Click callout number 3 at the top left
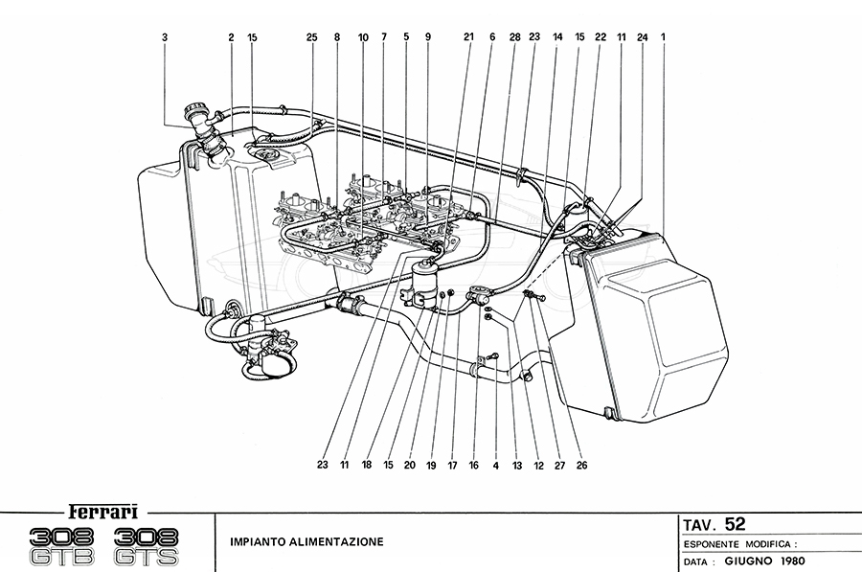click(x=165, y=37)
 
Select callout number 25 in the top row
click(x=311, y=37)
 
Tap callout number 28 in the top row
click(x=514, y=37)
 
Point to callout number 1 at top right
click(x=663, y=37)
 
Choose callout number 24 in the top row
click(x=642, y=37)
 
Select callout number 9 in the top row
click(x=427, y=37)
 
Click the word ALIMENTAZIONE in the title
click(x=339, y=541)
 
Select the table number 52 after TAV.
click(x=736, y=523)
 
